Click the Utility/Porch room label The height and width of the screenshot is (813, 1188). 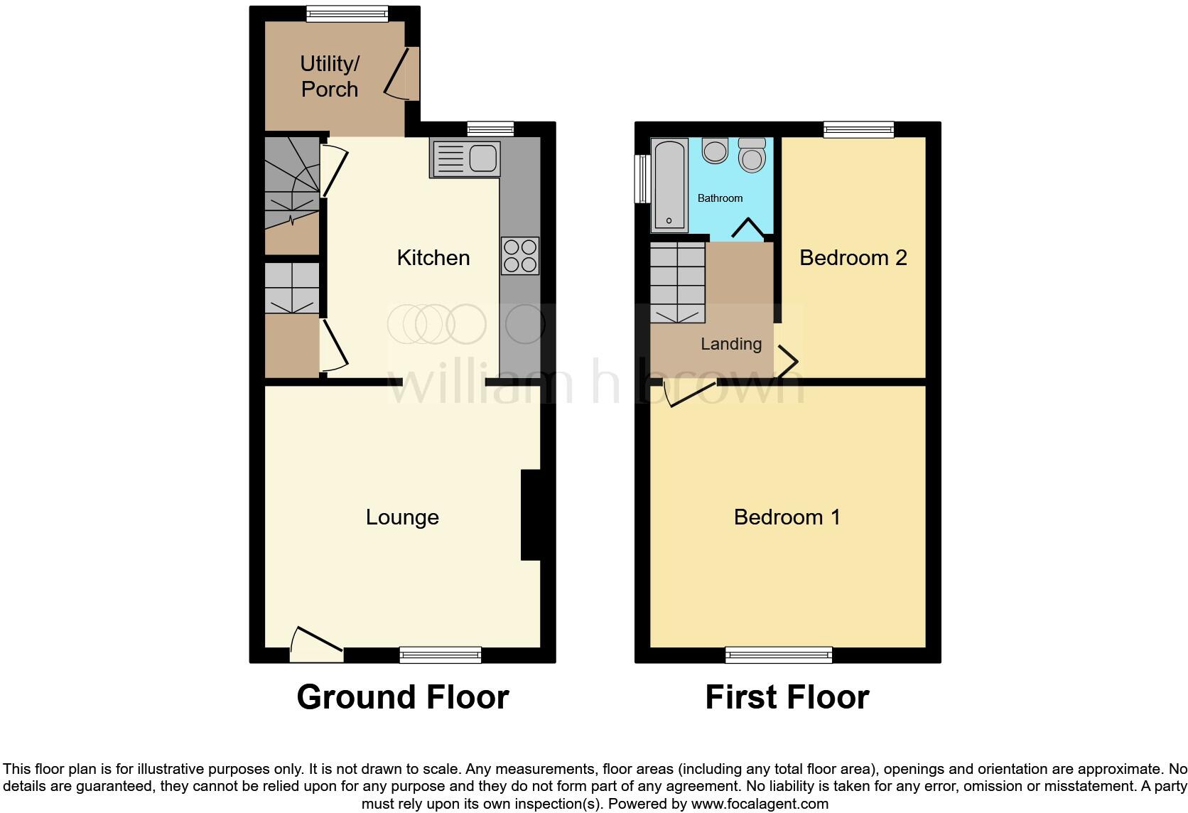pos(330,76)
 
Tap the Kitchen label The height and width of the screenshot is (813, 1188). pos(433,257)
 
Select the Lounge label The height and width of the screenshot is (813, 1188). pos(402,517)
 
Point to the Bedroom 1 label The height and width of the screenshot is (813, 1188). pos(787,517)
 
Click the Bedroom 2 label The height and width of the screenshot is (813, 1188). pos(853,257)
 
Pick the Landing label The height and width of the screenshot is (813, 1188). pos(730,344)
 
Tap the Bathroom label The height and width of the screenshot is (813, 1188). pos(720,198)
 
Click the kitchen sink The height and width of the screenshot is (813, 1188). pos(465,158)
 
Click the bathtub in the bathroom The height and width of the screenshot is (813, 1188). pos(669,185)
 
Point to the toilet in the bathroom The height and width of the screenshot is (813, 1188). pos(752,154)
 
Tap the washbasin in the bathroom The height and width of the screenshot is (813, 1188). pos(715,150)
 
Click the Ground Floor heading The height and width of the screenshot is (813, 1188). pos(402,697)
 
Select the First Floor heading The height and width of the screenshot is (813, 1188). pos(787,697)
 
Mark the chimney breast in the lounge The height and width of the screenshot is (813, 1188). pos(531,515)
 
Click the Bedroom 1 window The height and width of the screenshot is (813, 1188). pos(778,655)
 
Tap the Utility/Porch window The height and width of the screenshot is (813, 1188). pos(347,14)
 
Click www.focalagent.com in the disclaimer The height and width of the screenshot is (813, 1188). pos(760,804)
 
